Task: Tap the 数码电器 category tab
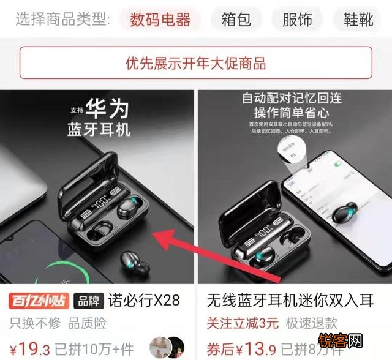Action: coord(160,20)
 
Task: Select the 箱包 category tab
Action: coord(236,20)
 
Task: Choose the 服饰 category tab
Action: coord(297,20)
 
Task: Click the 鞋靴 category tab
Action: coord(358,20)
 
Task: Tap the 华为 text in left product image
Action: coord(108,109)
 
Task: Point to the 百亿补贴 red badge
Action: coord(38,301)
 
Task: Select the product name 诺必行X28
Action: coord(144,301)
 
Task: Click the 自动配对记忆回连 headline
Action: coord(290,97)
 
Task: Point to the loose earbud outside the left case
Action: coord(135,263)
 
